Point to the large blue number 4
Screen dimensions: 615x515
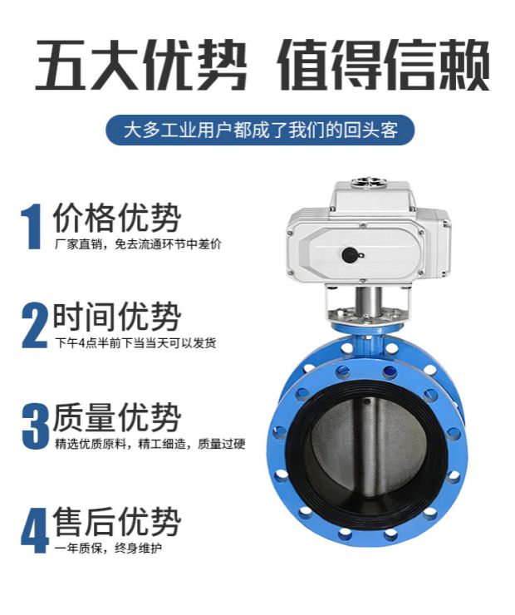tap(34, 529)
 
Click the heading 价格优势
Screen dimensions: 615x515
tap(116, 219)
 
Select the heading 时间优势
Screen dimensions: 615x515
tap(116, 317)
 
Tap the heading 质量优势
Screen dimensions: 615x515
tap(116, 417)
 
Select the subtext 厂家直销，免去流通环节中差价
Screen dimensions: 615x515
tap(138, 244)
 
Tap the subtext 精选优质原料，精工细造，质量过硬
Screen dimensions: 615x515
tap(150, 444)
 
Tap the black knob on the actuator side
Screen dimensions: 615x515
tap(350, 254)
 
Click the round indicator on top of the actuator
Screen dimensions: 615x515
tap(365, 180)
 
